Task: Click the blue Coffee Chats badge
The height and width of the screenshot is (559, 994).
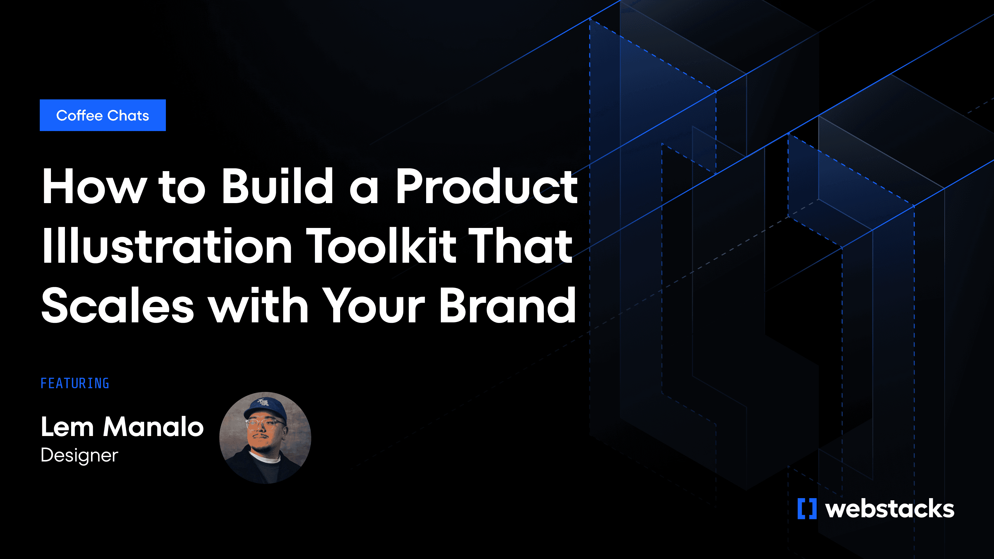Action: point(103,115)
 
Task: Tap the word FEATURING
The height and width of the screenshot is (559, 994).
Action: point(75,384)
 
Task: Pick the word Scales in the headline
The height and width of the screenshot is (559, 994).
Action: point(117,305)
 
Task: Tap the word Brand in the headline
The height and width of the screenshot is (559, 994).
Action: point(508,305)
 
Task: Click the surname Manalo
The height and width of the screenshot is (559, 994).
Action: point(153,427)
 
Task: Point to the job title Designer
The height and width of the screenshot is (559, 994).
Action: point(80,455)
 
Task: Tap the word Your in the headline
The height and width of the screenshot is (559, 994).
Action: point(373,305)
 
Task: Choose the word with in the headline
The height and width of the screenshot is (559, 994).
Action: point(258,305)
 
